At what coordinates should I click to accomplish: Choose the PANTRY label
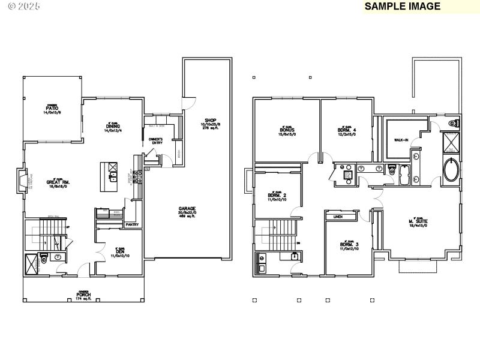pyautogui.click(x=132, y=224)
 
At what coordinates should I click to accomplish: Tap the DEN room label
pyautogui.click(x=119, y=252)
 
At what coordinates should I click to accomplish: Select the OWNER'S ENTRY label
pyautogui.click(x=156, y=141)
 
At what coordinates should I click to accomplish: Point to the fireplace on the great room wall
pyautogui.click(x=22, y=181)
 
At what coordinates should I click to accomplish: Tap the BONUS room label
pyautogui.click(x=286, y=130)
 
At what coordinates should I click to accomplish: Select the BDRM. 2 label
pyautogui.click(x=277, y=196)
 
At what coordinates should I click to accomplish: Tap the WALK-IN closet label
pyautogui.click(x=401, y=140)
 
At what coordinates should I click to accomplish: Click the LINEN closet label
pyautogui.click(x=338, y=217)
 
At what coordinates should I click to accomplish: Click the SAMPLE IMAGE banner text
pyautogui.click(x=402, y=7)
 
